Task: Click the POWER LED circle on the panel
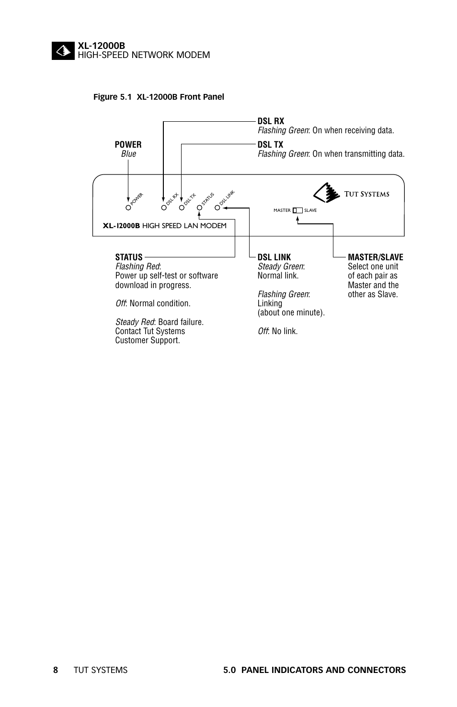click(x=128, y=208)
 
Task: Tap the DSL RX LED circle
click(x=164, y=208)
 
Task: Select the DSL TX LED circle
click(x=182, y=208)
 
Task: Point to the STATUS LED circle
click(x=200, y=208)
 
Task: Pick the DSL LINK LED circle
click(x=217, y=208)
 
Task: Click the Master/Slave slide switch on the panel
click(x=297, y=210)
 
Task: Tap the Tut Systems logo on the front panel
click(x=351, y=193)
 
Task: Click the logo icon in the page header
click(x=63, y=51)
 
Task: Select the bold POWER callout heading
click(x=128, y=144)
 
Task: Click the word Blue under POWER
click(x=128, y=154)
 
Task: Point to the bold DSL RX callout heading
click(x=271, y=121)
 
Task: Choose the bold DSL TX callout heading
click(x=270, y=144)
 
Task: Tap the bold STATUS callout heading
click(x=129, y=257)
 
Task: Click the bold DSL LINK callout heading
click(x=274, y=257)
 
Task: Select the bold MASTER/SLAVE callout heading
click(x=375, y=257)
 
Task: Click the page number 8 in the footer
click(x=56, y=670)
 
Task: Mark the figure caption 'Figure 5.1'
click(x=112, y=97)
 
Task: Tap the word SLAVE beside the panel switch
click(x=310, y=210)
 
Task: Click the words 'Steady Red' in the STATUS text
click(x=134, y=322)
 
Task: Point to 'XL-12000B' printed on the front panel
click(x=121, y=226)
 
